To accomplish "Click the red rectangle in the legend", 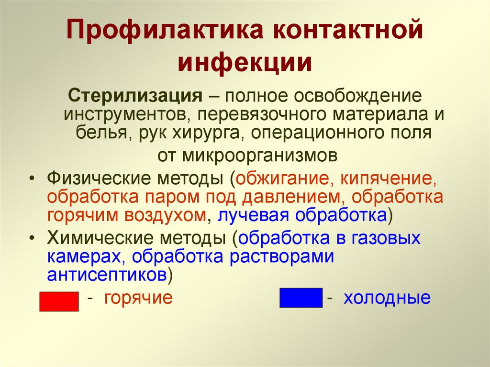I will [x=58, y=301].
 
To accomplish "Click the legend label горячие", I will [x=138, y=298].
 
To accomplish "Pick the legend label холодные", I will [x=387, y=298].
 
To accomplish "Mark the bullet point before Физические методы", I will [x=31, y=179].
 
